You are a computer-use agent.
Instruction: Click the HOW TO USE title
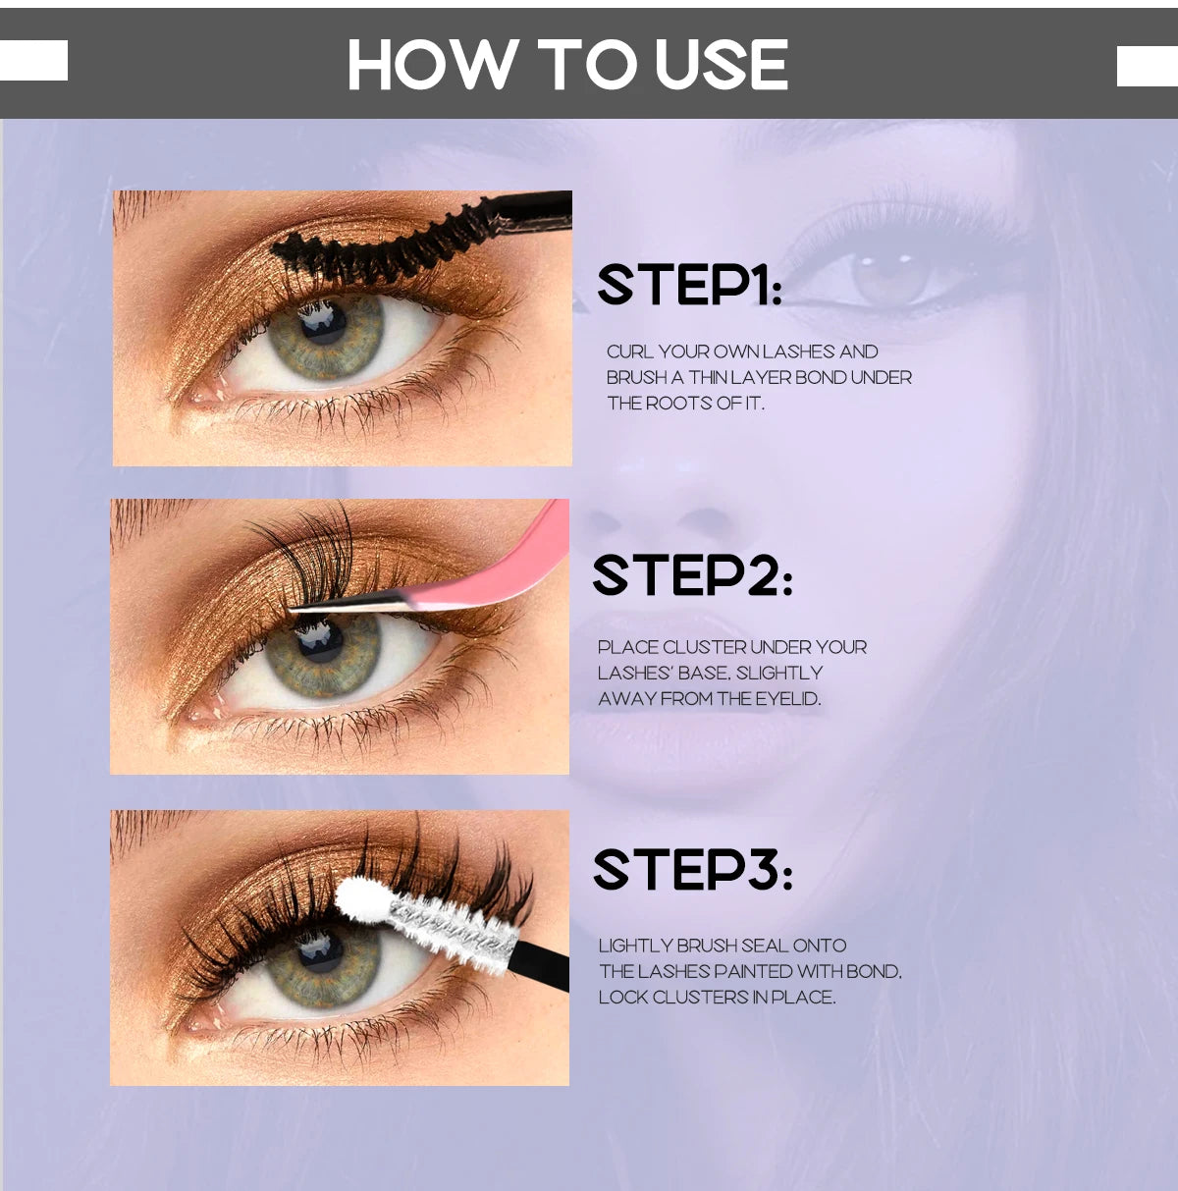567,65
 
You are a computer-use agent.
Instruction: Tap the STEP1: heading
689,285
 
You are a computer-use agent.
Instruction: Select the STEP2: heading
691,575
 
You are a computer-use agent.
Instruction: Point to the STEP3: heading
691,870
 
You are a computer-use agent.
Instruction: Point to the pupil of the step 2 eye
320,643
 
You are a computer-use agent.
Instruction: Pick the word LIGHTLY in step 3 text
635,946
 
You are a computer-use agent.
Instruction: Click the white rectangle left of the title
33,60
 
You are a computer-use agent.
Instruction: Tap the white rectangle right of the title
1147,66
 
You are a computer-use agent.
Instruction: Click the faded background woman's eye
888,275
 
